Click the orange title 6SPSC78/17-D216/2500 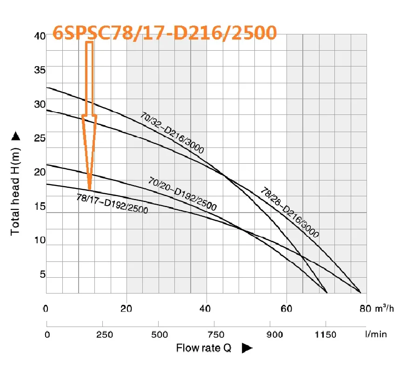pos(165,32)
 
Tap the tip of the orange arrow pos(89,189)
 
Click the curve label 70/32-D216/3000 pos(172,133)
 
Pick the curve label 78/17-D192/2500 pos(112,203)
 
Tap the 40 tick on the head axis pos(39,36)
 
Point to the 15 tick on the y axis pos(39,207)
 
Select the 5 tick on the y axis pos(41,275)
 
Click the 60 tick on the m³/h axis pos(287,308)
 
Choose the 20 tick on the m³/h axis pos(127,308)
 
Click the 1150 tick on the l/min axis pos(325,334)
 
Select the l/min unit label pos(376,334)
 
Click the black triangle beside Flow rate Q pos(247,347)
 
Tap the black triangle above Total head pos(15,136)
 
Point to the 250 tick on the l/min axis pos(102,334)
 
